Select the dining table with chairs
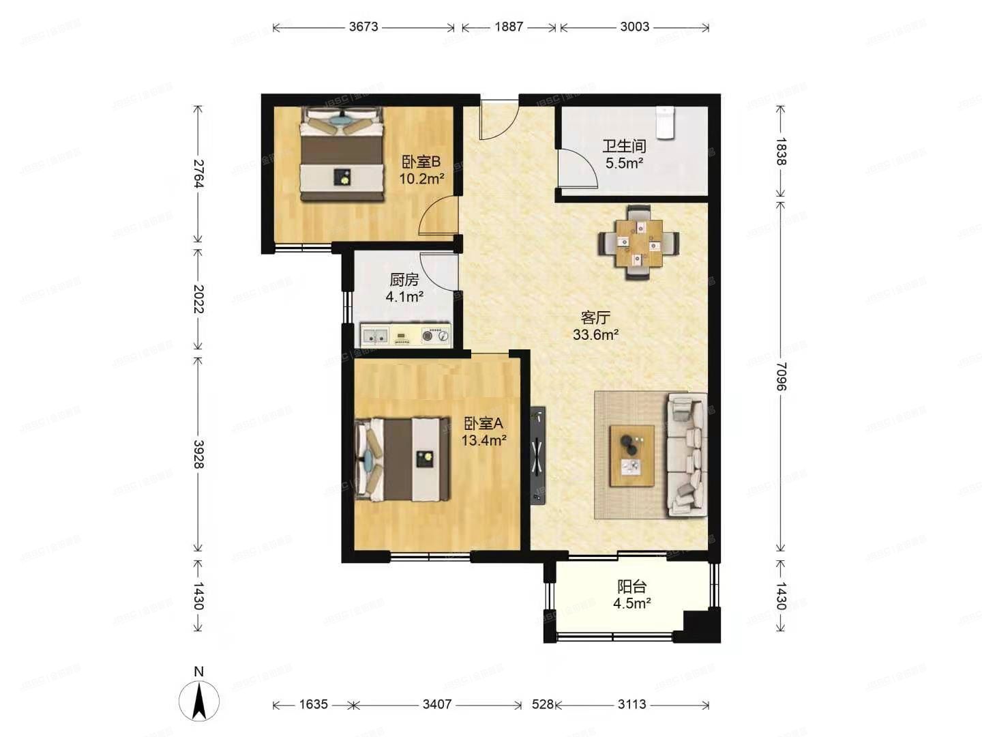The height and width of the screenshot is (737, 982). pos(639,243)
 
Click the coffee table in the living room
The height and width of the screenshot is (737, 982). pos(632,455)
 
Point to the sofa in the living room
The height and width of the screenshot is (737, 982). pos(687,454)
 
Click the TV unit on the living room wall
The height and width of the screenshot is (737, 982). pos(538,455)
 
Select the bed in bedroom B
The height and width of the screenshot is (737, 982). pos(342,154)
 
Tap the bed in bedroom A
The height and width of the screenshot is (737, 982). pos(402,459)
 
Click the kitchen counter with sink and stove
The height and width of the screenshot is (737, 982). pos(406,335)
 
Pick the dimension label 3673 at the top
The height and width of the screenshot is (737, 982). pos(363,27)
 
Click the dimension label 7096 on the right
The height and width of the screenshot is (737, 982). pos(782,376)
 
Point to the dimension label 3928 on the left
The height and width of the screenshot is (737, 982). pos(198,454)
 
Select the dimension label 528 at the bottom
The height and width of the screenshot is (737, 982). pos(542,704)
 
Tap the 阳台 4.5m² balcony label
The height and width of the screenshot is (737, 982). pos(631,594)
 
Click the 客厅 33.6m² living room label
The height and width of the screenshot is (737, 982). pos(595,326)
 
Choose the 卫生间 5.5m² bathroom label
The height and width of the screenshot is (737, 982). pos(624,154)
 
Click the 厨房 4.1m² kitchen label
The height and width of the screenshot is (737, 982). pos(404,288)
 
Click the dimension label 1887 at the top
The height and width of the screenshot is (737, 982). pos(509,27)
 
